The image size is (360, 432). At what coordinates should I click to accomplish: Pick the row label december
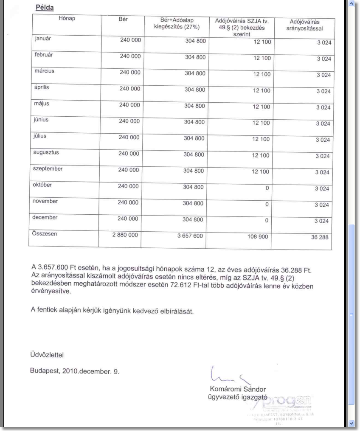coord(46,217)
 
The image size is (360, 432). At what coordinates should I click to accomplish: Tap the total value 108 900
coord(258,237)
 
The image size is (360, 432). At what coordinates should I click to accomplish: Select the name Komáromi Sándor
coord(238,389)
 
